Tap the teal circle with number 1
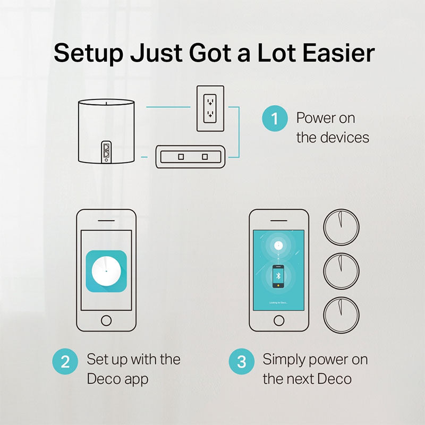275,118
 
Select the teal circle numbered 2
65,362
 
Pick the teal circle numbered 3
242,362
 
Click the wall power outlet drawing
210,108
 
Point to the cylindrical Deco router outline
106,130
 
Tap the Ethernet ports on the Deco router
106,151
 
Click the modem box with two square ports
192,157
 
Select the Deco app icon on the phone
106,271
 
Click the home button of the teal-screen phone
279,320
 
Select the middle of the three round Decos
341,269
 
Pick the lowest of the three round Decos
341,314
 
